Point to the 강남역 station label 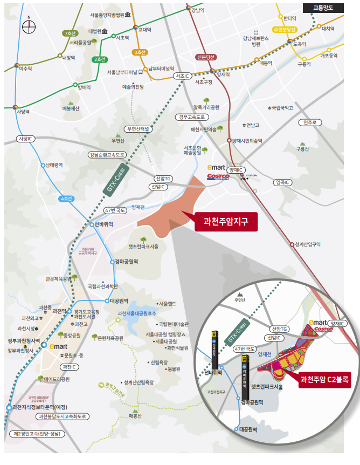click(198, 10)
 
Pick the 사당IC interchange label click(25, 139)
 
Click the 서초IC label click(182, 77)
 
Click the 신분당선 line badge click(206, 57)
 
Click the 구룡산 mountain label click(302, 149)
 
